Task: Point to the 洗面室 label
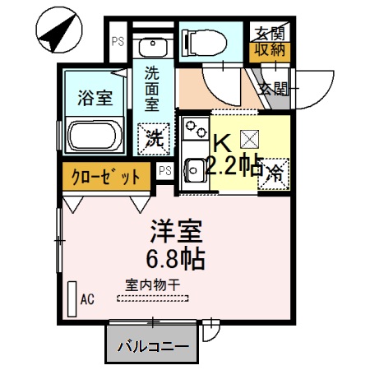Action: (152, 88)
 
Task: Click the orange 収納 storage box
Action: (270, 52)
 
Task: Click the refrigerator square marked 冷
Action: (273, 173)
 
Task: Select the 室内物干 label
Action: (153, 284)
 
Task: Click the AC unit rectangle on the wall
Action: (72, 298)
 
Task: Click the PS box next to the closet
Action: (164, 170)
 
